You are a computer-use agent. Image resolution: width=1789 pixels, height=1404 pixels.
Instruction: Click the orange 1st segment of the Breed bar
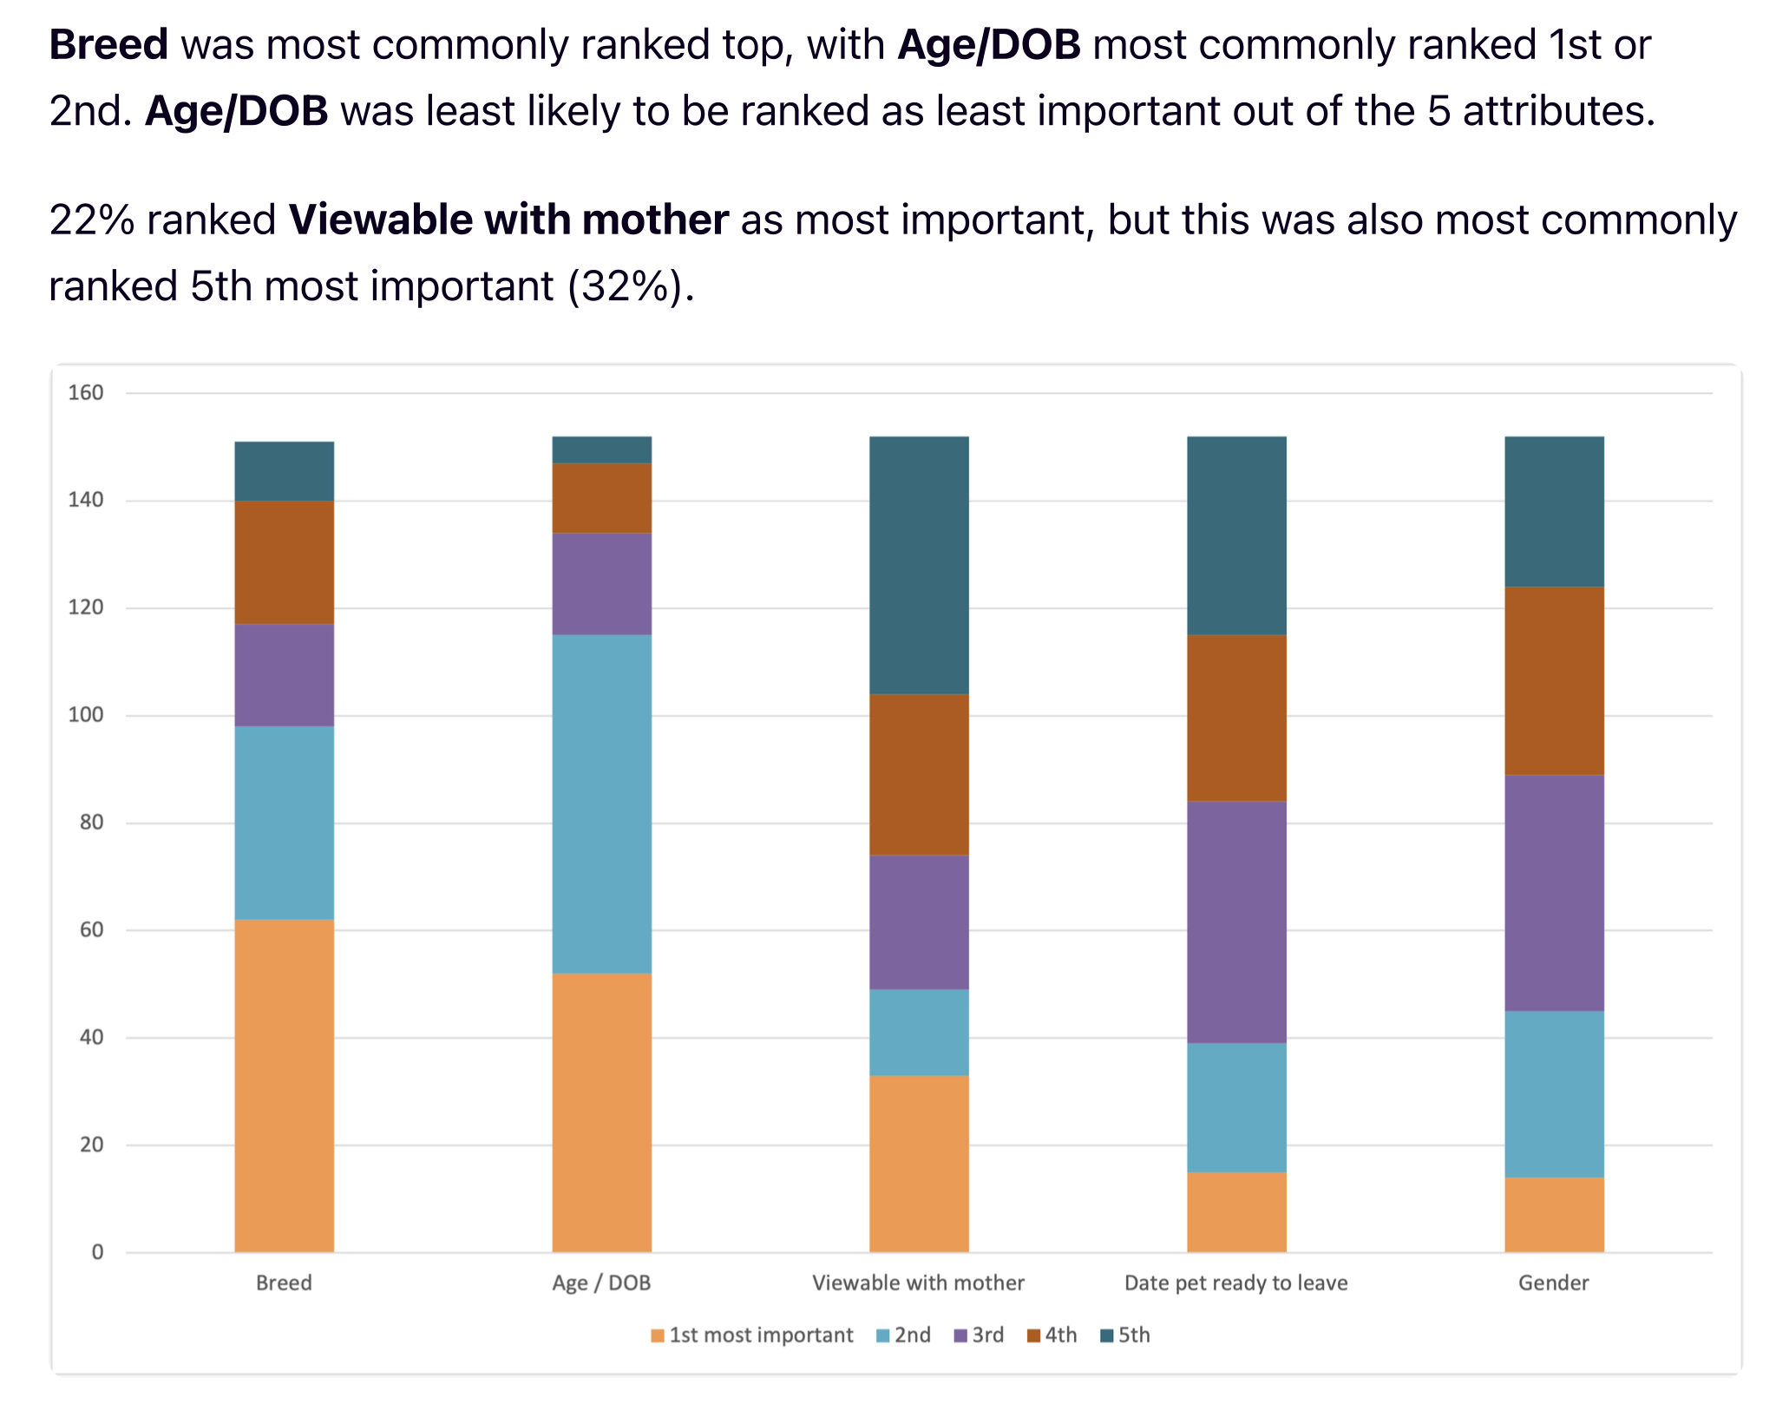coord(284,1085)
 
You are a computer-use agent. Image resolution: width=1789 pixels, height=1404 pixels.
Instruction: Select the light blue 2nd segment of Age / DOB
coord(601,804)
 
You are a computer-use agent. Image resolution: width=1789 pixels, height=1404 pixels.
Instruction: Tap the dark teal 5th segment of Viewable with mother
coord(919,565)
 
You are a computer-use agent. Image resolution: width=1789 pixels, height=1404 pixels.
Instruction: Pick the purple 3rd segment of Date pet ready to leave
coord(1236,922)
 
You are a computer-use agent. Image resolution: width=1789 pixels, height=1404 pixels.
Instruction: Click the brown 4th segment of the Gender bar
coord(1554,680)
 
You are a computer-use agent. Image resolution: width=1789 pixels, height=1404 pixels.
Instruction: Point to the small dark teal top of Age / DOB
coord(601,449)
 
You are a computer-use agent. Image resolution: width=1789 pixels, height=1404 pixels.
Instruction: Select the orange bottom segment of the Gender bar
coord(1554,1214)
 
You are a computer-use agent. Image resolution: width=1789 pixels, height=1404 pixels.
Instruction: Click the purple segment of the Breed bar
coord(284,675)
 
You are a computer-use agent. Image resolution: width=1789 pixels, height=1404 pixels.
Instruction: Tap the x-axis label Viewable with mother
coord(918,1283)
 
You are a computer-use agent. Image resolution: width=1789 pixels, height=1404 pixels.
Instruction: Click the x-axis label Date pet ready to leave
coord(1235,1283)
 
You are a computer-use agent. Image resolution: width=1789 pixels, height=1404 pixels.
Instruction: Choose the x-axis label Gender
coord(1553,1283)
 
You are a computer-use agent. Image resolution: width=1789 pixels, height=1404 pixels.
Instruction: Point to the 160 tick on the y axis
coord(86,393)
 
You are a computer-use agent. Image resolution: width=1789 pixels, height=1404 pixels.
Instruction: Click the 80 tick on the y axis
coord(91,823)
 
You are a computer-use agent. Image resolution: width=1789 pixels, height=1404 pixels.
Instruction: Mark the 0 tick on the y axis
coord(97,1252)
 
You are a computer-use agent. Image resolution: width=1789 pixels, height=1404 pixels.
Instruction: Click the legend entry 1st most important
coord(752,1335)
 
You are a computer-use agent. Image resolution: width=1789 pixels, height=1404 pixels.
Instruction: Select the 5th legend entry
coord(1125,1335)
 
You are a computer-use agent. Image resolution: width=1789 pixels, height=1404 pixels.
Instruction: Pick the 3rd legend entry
coord(980,1335)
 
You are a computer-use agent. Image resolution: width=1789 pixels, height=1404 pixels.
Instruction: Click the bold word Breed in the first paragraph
coord(108,45)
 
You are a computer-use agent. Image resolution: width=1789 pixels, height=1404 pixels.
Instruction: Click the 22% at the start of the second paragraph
coord(91,220)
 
